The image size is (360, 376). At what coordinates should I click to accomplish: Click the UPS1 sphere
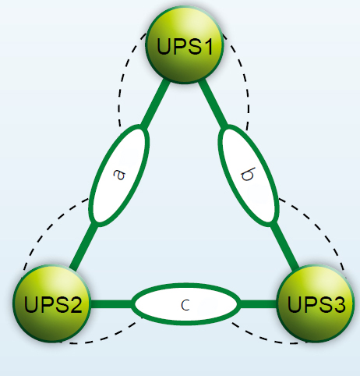[x=185, y=46]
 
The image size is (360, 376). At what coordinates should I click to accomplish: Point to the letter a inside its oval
[x=118, y=176]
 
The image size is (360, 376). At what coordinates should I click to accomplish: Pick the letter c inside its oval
[x=185, y=304]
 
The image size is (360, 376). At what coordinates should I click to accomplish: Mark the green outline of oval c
[x=185, y=286]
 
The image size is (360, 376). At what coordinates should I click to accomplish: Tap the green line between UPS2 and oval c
[x=111, y=303]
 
